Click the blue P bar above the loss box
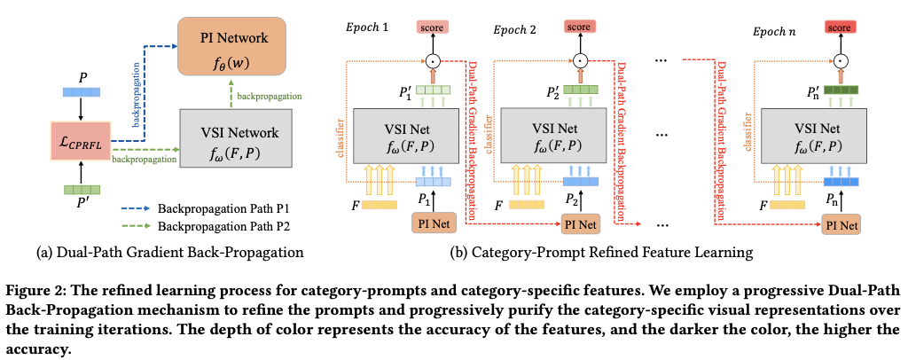point(82,92)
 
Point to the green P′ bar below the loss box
point(82,189)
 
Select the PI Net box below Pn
point(841,225)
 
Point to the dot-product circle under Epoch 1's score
point(434,59)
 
